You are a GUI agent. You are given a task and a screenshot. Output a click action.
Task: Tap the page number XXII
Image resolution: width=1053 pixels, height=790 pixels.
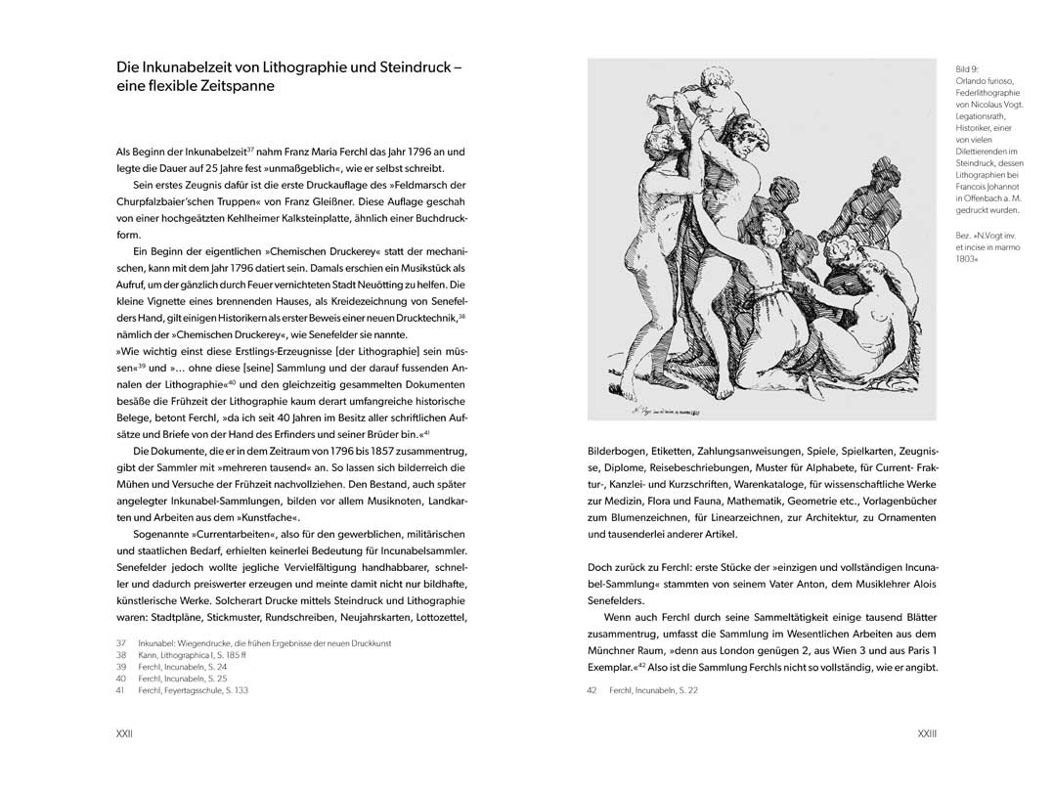click(125, 732)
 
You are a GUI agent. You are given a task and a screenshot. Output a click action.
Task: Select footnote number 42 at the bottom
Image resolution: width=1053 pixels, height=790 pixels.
click(592, 691)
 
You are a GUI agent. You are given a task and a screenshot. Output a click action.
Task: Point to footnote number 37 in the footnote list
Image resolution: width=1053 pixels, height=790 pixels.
click(121, 642)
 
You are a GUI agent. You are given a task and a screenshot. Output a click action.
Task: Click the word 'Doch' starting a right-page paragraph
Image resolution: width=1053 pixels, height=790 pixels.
click(601, 567)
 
